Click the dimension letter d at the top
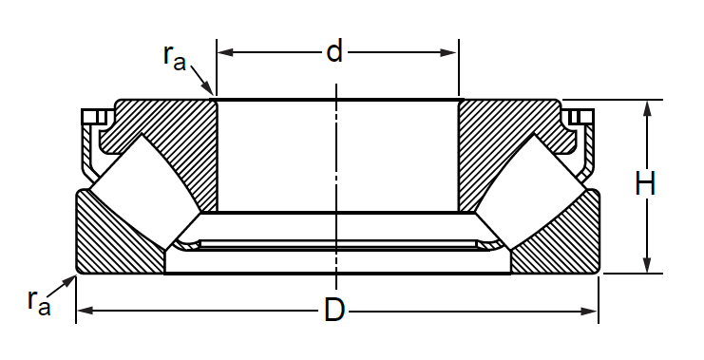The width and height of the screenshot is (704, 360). pos(334,50)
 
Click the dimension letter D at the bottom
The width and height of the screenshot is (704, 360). pos(334,310)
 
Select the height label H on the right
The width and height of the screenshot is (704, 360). pos(646,183)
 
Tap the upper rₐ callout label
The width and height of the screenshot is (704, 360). pos(175,58)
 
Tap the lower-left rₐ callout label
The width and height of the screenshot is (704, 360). pos(39,303)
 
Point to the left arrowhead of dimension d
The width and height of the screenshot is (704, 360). pos(225,52)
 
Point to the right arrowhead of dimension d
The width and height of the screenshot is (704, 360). pos(449,52)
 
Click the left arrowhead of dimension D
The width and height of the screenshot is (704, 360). pos(86,311)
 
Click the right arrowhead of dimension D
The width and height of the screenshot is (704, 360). pos(589,311)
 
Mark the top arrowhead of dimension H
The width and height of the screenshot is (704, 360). pos(647,109)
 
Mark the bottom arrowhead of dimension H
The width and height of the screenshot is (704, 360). pos(647,264)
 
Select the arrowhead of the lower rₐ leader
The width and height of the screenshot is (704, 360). pos(68,282)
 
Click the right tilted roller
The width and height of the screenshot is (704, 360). pos(531,191)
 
